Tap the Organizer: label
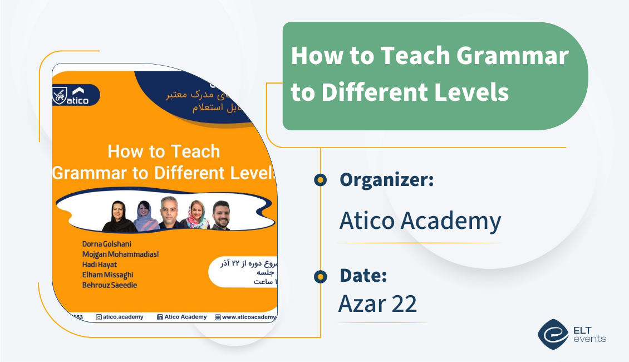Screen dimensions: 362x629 coord(387,180)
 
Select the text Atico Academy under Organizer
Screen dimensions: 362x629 coord(420,222)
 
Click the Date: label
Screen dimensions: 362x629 coord(363,276)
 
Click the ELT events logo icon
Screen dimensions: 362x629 coord(552,334)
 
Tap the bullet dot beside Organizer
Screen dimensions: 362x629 coord(320,180)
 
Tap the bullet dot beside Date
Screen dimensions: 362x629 coord(320,276)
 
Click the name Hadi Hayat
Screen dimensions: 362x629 coord(101,265)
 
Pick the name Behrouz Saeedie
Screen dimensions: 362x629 coord(109,285)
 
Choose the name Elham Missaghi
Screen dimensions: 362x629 coord(107,275)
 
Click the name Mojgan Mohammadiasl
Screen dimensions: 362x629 coord(120,255)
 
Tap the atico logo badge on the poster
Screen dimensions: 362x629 coord(76,95)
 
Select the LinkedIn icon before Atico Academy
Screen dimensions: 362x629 coord(160,317)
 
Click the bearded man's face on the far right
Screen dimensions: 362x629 coord(221,211)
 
